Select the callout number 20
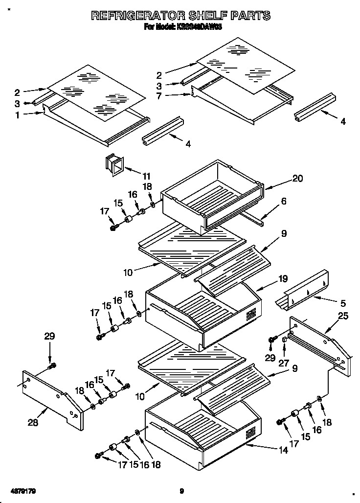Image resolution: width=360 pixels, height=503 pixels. coord(298,180)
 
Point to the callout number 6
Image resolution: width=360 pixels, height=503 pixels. coord(284,201)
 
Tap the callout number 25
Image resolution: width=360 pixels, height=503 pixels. coord(343,316)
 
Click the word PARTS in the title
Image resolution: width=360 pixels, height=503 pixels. coord(245,16)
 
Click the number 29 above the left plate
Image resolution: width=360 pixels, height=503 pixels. coord(49,336)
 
